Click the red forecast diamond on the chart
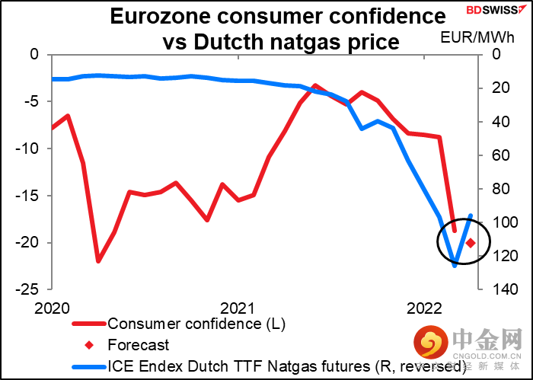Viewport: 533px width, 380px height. coord(471,242)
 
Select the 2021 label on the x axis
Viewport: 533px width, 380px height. coord(238,308)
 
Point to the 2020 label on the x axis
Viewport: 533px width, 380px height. coord(52,308)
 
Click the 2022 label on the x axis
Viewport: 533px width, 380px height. coord(423,308)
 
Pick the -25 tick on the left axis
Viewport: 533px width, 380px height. coord(30,290)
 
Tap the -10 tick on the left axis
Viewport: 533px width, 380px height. coord(30,148)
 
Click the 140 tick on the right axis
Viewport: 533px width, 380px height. coord(499,290)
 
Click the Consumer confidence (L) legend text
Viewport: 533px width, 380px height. coord(196,324)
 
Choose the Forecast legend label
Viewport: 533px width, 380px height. coord(138,345)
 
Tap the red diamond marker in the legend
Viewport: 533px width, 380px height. coord(89,345)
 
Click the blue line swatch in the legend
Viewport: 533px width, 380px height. coord(89,367)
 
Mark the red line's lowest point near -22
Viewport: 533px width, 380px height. coord(98,261)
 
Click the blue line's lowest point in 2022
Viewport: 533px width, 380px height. coord(455,265)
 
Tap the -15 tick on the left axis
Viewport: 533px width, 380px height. coord(30,196)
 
